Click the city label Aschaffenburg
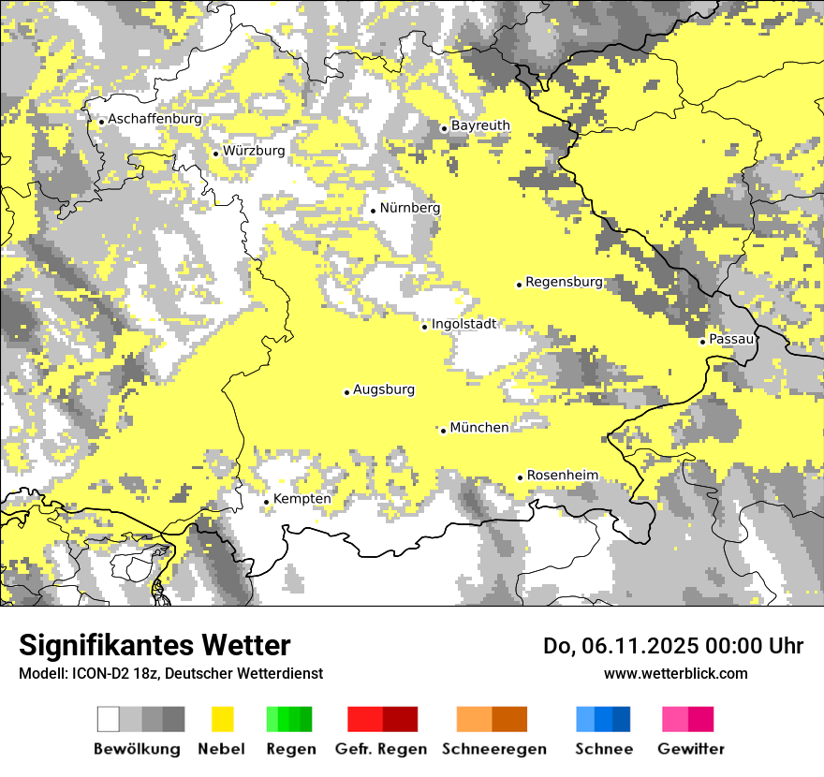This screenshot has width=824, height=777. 154,120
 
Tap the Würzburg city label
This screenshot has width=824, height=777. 254,151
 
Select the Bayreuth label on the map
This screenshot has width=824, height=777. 480,125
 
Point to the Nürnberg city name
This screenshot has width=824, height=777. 409,208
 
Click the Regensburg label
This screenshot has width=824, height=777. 564,282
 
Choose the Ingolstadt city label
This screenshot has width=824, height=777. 463,324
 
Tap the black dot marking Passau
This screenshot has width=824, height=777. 702,342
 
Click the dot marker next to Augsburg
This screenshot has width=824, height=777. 346,392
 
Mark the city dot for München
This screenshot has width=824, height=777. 443,431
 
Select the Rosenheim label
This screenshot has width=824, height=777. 562,476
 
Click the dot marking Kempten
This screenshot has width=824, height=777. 266,502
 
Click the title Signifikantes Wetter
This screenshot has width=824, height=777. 154,646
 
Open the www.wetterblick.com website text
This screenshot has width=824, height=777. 675,673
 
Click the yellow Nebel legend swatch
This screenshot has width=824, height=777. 222,719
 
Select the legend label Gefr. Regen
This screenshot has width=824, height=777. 381,749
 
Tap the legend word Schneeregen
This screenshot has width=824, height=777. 493,749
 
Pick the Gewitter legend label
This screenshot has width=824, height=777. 690,749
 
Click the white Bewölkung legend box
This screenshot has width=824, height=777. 108,719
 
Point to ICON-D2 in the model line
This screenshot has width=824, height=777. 97,673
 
